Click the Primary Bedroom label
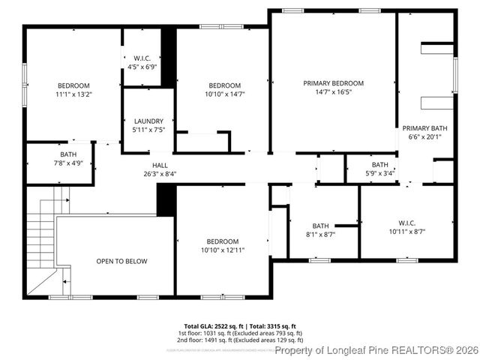click(x=333, y=82)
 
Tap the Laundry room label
click(x=148, y=121)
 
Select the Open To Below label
click(x=121, y=261)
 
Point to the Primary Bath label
click(x=424, y=128)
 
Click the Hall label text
click(x=160, y=165)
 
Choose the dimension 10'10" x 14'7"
click(x=224, y=94)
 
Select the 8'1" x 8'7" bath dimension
click(x=320, y=234)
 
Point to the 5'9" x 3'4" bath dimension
click(x=379, y=173)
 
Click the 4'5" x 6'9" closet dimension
click(x=142, y=67)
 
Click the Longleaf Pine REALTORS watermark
click(x=376, y=350)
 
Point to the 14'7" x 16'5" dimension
click(x=333, y=92)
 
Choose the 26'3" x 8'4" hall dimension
click(x=160, y=174)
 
